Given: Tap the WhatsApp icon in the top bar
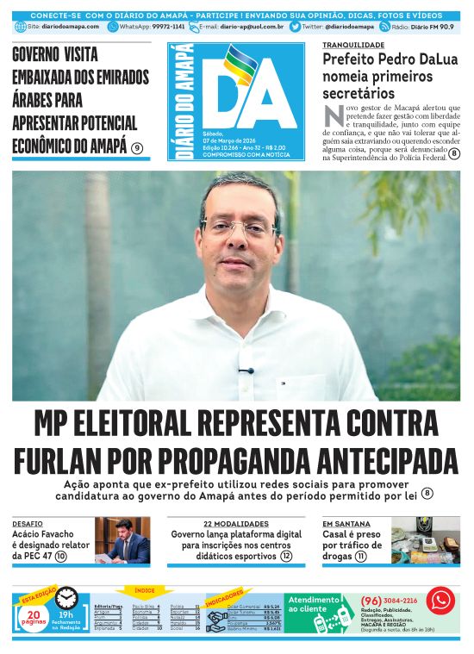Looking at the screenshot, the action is [x=113, y=27].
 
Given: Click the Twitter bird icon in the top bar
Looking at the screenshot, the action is [x=295, y=27].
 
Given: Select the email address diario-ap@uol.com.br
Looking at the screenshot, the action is [x=252, y=27].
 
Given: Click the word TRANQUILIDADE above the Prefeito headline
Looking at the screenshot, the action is [x=353, y=44].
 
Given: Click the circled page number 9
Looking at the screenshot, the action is [x=137, y=148].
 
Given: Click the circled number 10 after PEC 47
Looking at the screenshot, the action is [x=60, y=557].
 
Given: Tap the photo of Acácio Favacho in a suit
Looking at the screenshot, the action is [x=122, y=540].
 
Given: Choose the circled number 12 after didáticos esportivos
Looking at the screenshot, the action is [x=286, y=557].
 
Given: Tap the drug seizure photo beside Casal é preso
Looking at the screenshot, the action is [x=425, y=540].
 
